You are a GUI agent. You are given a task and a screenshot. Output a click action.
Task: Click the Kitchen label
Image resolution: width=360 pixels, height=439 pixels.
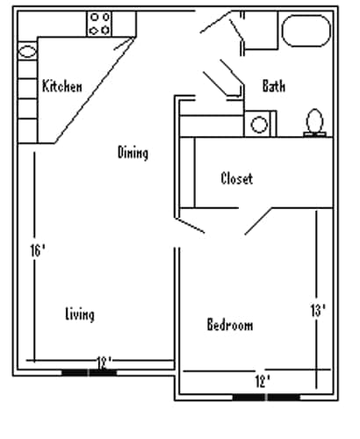(61, 86)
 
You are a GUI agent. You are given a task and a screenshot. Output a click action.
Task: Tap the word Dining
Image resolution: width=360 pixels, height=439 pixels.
(133, 153)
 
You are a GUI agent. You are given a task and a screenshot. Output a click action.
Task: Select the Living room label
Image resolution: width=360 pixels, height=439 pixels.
(80, 314)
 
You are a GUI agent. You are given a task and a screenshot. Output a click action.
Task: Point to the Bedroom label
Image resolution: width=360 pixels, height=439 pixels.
(230, 325)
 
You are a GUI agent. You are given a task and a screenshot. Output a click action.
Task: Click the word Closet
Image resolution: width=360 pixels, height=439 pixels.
(236, 178)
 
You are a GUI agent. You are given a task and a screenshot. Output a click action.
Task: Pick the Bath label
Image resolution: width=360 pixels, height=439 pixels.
(274, 86)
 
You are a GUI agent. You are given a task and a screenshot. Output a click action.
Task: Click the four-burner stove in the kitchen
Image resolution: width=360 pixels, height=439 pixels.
(99, 24)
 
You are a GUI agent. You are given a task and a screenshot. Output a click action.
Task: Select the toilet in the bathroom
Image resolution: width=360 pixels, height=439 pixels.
(314, 122)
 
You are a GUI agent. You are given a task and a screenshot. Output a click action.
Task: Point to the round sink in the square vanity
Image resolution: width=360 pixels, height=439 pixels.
(259, 124)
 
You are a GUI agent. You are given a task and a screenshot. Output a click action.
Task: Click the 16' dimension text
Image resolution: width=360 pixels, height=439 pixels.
(37, 250)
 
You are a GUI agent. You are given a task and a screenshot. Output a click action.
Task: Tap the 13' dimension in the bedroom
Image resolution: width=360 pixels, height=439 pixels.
(318, 310)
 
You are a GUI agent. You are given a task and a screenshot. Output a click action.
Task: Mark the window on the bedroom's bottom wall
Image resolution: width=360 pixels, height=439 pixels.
(263, 397)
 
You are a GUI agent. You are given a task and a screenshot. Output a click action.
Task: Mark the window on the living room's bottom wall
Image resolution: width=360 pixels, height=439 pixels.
(89, 372)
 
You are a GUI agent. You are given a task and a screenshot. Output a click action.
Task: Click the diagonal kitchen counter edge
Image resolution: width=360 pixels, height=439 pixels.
(92, 92)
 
